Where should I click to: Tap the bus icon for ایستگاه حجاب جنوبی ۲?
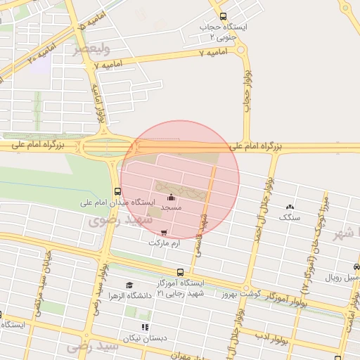223,17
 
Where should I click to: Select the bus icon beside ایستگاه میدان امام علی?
117,191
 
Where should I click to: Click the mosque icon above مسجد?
171,198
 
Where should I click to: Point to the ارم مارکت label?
165,243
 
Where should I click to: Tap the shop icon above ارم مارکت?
165,232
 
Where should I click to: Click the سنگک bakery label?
289,218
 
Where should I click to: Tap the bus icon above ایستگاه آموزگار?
181,272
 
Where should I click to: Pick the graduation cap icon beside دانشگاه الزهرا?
128,285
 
